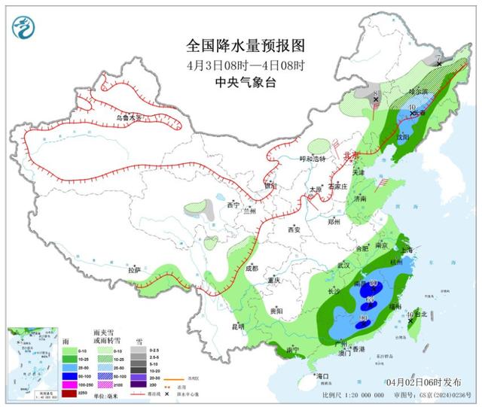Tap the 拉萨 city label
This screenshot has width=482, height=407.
(134, 269)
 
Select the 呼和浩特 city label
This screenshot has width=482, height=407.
(313, 159)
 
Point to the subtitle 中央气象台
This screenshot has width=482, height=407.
(246, 82)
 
